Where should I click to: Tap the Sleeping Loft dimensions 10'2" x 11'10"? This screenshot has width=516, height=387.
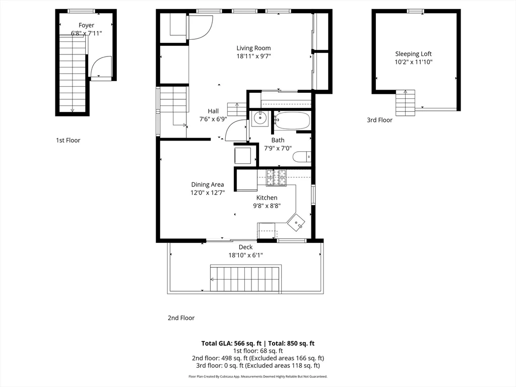click(x=413, y=62)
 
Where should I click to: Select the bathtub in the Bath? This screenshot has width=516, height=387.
click(x=292, y=121)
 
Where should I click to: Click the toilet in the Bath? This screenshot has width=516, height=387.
click(x=301, y=157)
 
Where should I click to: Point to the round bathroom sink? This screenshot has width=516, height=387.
click(x=260, y=119)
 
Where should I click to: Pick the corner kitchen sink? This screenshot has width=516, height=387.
click(x=296, y=221)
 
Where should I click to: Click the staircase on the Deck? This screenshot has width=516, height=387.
click(x=245, y=278)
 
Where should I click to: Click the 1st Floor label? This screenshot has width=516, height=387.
click(x=68, y=141)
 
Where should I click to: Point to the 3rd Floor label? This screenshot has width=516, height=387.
click(x=379, y=120)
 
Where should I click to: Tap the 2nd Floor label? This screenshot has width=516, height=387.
click(x=181, y=318)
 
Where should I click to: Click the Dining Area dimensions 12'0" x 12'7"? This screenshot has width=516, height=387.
click(x=207, y=192)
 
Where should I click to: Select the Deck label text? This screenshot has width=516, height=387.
click(x=245, y=247)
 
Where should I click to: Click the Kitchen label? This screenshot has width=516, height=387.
click(x=267, y=198)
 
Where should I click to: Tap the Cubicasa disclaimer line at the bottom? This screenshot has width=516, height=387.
click(x=257, y=376)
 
